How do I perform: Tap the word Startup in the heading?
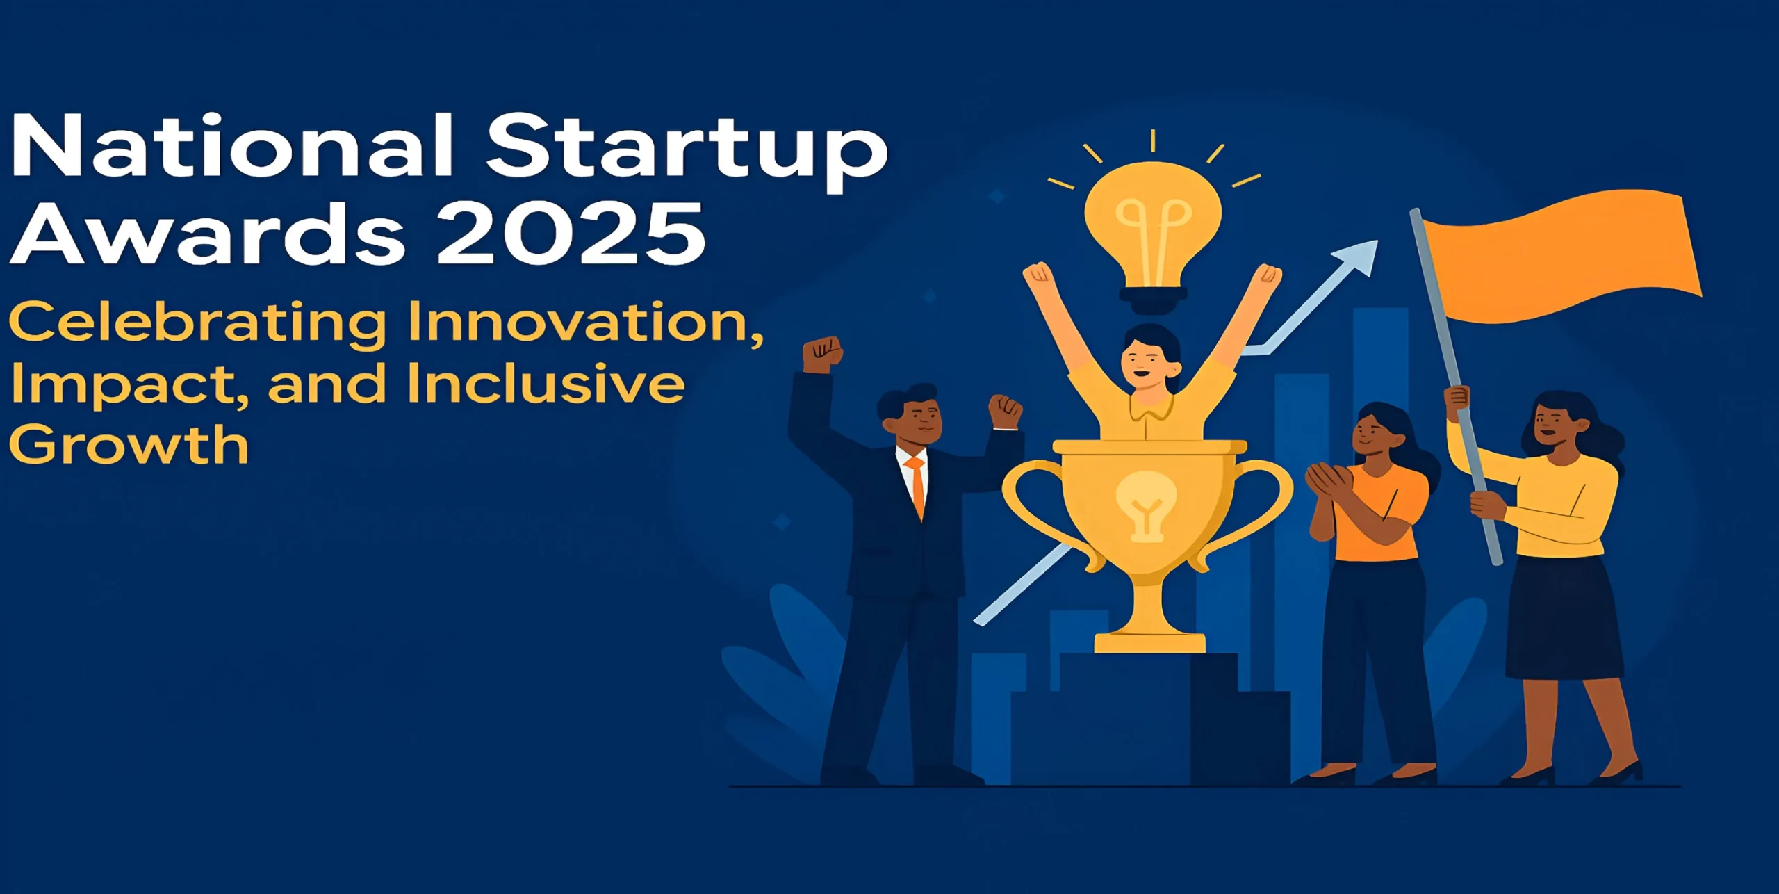[x=687, y=152]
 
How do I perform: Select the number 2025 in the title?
[x=571, y=233]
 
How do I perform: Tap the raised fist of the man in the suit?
[x=822, y=355]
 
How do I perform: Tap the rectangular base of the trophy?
[x=1149, y=642]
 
